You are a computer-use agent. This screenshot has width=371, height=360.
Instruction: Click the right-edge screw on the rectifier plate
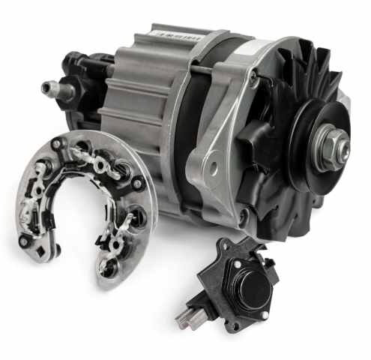pos(138,181)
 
